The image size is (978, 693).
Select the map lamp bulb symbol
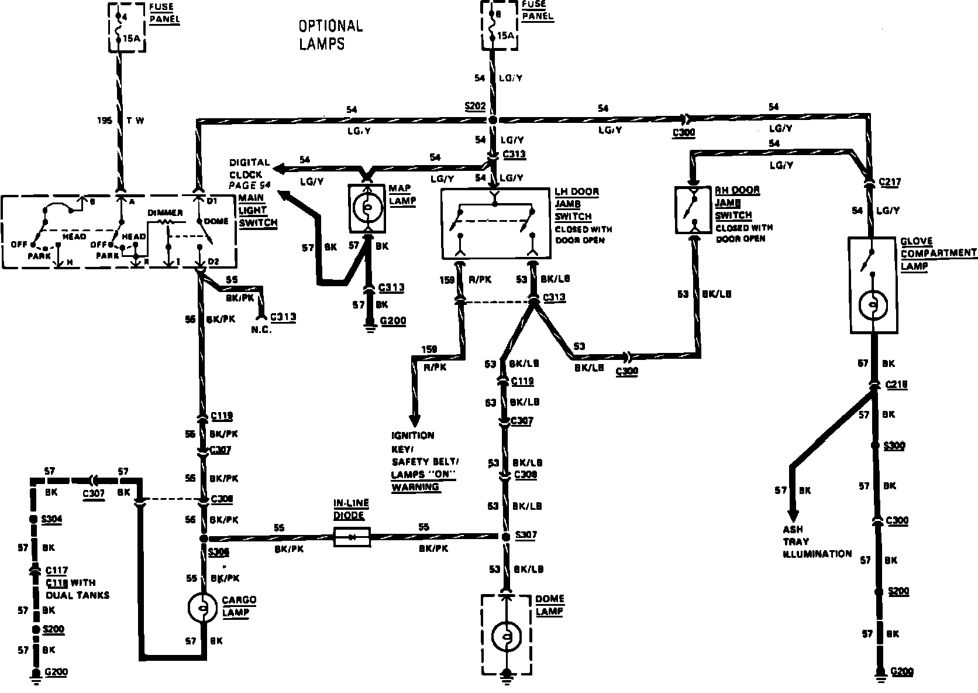(367, 208)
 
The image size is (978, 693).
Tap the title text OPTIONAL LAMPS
(330, 35)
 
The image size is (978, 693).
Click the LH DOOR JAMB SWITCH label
(577, 204)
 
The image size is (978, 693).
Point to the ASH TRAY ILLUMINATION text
(817, 541)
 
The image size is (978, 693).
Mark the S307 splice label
(526, 536)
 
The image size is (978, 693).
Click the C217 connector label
(889, 182)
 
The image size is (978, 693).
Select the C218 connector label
(897, 385)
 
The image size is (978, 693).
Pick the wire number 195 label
(105, 121)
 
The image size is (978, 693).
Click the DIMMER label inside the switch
(165, 212)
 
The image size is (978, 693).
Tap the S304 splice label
(53, 519)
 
